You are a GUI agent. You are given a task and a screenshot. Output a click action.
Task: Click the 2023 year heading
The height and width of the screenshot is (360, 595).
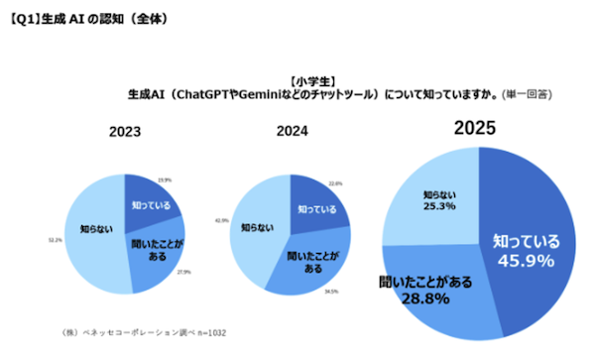125,131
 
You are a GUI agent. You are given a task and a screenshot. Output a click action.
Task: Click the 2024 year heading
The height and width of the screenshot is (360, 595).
293,131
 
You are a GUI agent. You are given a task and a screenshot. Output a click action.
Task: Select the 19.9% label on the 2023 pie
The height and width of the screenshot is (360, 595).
165,180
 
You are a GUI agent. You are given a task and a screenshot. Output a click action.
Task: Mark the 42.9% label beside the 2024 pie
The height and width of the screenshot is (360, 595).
221,220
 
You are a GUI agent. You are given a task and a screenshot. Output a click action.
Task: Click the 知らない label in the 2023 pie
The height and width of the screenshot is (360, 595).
87,229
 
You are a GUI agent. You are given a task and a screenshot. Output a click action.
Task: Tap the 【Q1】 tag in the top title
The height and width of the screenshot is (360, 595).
23,12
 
